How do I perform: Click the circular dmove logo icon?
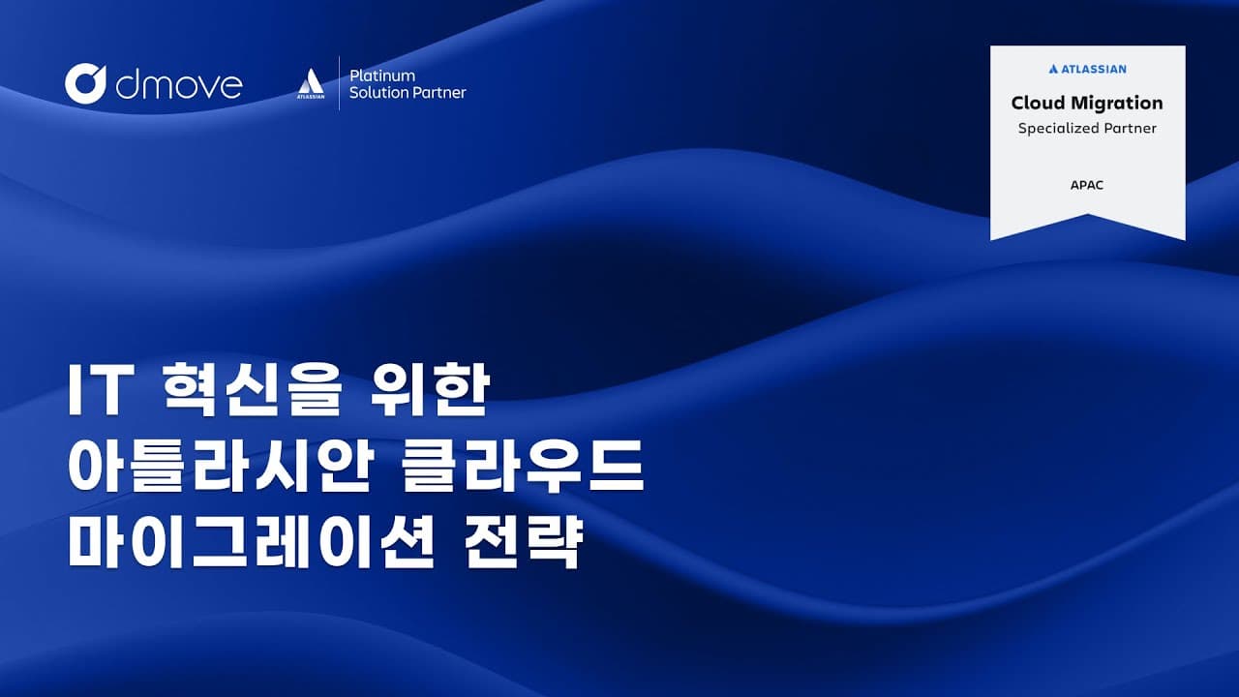pos(84,84)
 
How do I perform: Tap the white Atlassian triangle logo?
pos(311,82)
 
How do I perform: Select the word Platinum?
pos(382,76)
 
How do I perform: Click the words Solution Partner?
pos(408,92)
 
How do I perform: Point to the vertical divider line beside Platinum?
pos(339,83)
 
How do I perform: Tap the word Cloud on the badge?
pos(1039,103)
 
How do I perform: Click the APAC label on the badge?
pos(1087,185)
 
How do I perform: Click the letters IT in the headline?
pos(100,389)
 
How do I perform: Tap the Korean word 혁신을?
pos(253,389)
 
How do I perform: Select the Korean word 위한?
pos(430,389)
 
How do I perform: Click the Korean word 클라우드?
pos(524,466)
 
